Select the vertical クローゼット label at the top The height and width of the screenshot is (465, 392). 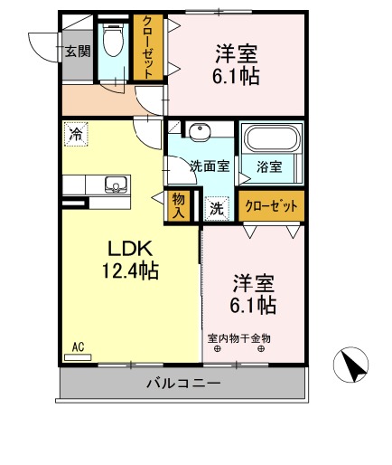(x=145, y=46)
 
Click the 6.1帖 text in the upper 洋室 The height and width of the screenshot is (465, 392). (x=238, y=77)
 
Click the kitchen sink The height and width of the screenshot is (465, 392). (x=116, y=185)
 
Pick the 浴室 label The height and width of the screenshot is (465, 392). (x=268, y=166)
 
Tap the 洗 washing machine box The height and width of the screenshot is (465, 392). (x=217, y=207)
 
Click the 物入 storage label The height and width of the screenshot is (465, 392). (x=179, y=205)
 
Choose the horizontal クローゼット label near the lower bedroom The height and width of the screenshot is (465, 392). (x=271, y=205)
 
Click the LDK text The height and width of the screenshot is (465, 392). (x=130, y=247)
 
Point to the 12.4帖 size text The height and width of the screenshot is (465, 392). (x=130, y=270)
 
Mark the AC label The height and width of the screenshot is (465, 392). (x=78, y=346)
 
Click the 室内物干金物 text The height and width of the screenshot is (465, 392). (x=239, y=338)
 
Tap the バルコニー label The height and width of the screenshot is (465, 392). (x=182, y=384)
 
